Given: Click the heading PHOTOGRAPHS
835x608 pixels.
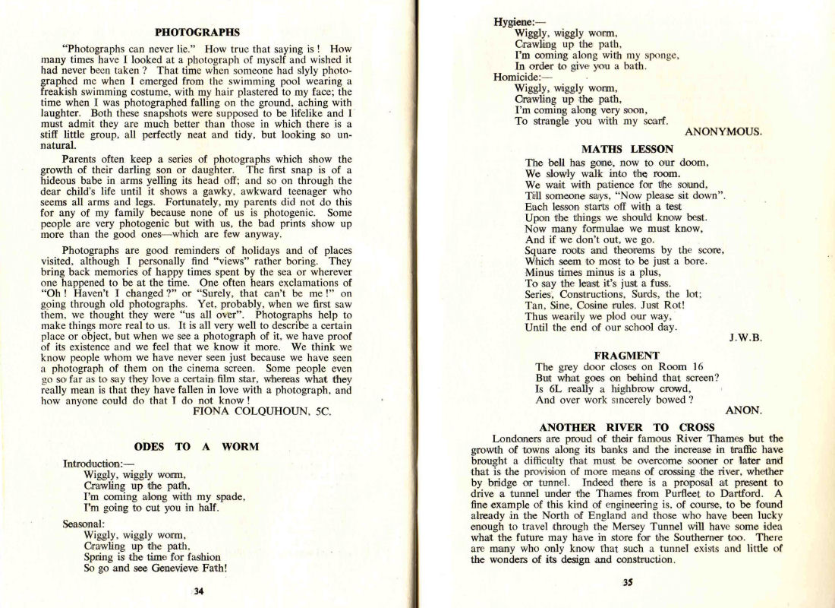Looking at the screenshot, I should (x=197, y=33).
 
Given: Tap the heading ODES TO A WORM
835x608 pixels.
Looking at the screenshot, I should (x=197, y=446).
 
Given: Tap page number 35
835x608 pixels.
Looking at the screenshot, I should (x=627, y=584).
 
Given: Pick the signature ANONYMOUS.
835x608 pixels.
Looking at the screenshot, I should (x=723, y=131).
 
